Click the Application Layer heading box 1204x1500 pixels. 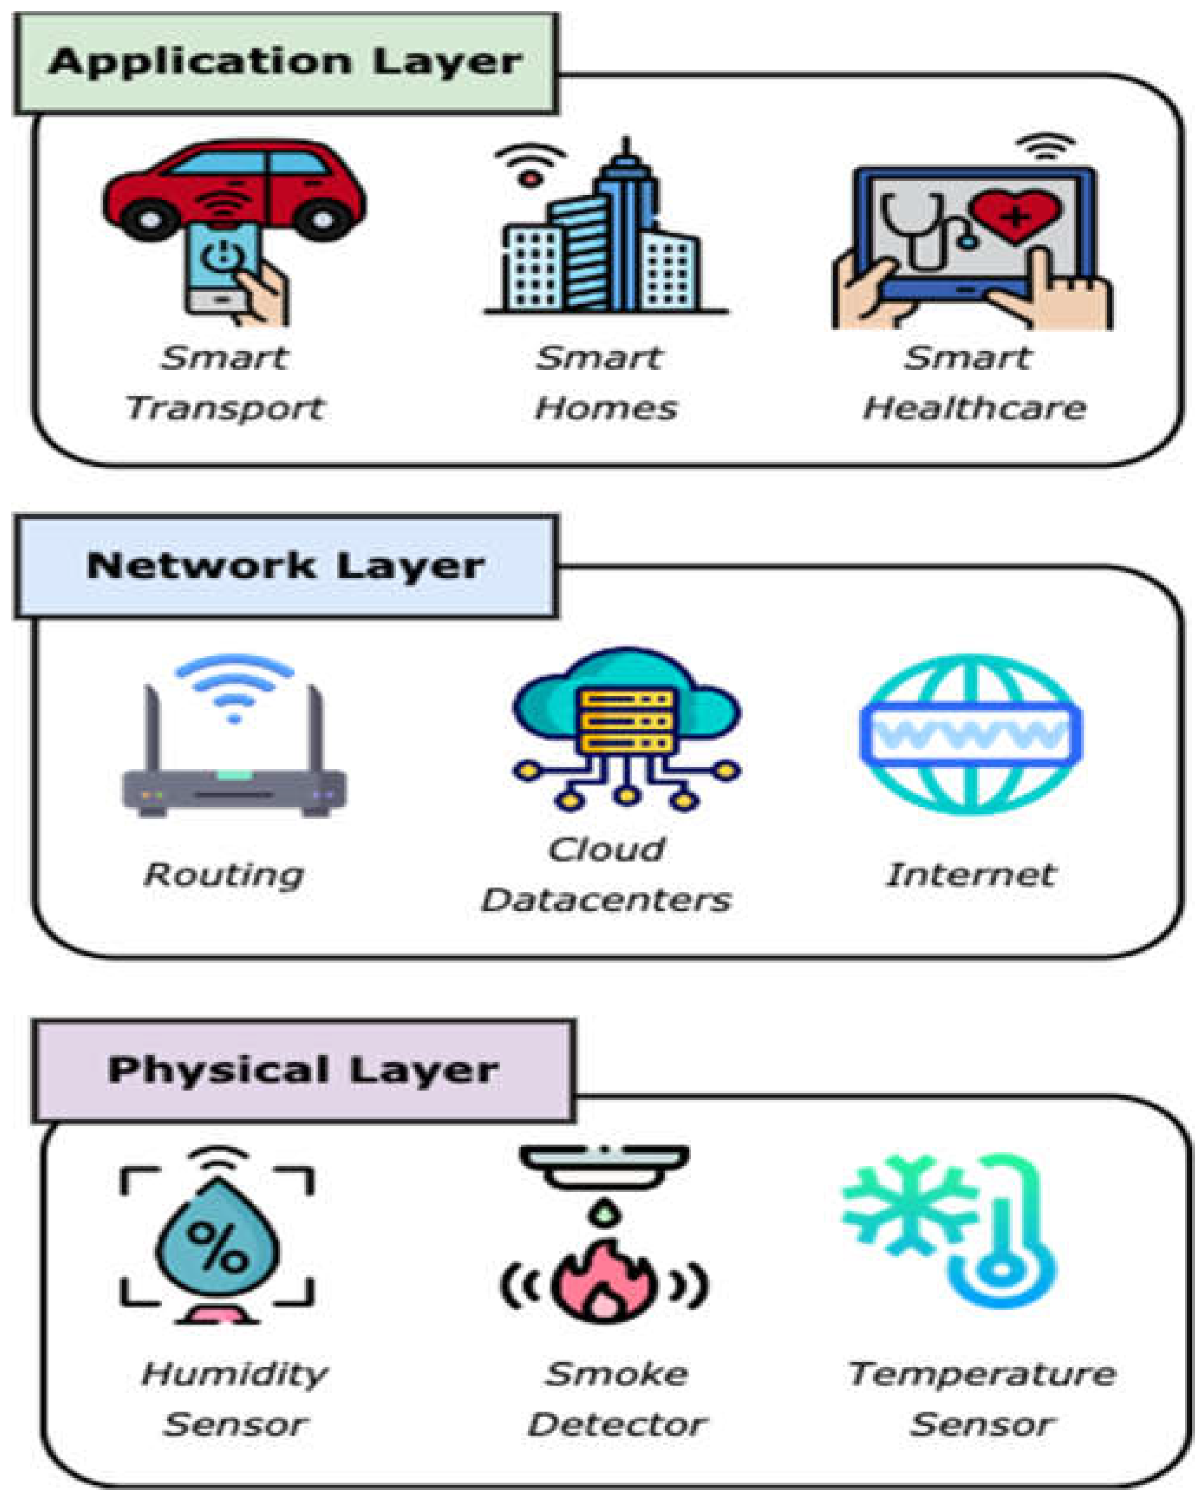click(285, 63)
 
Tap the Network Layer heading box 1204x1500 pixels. click(285, 566)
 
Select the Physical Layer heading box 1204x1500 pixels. click(304, 1070)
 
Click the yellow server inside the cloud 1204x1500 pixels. click(627, 720)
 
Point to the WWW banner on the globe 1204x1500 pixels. click(971, 734)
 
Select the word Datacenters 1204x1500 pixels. click(606, 900)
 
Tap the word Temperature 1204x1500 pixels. click(981, 1374)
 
